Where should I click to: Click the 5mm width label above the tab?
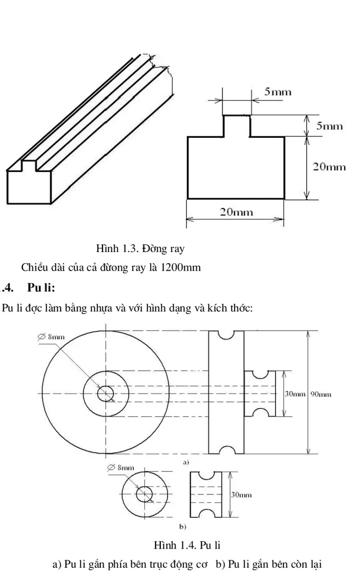tap(278, 92)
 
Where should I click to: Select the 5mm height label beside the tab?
tap(330, 126)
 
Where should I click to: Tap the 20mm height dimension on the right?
tap(329, 167)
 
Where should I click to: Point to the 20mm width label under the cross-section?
tap(236, 213)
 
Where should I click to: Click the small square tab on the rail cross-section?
tap(236, 126)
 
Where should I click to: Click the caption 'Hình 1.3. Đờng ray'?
tap(140, 248)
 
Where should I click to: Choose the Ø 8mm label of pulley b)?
tap(120, 467)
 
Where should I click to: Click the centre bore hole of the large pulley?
tap(105, 393)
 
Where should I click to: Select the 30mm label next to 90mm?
tap(295, 394)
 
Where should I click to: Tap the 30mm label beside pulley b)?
tap(241, 494)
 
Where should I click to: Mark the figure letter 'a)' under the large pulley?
tap(186, 462)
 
